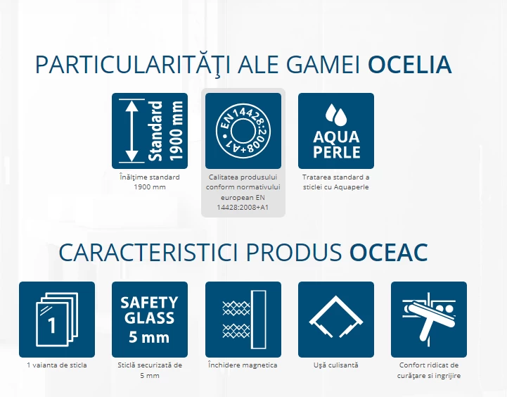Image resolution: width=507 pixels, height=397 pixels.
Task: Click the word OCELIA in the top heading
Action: coord(410,65)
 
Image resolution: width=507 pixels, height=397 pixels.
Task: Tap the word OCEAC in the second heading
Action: coord(389,253)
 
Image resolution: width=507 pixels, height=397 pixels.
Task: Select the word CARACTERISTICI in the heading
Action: coord(148,253)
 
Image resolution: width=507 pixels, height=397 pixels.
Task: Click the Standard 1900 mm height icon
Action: coord(150,131)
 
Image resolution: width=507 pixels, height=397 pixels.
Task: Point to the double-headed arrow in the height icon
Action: coord(131,131)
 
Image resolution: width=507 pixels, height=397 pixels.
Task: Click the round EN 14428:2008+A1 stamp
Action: coord(243,131)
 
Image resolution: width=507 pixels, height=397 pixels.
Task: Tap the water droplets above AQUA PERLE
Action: coord(336,115)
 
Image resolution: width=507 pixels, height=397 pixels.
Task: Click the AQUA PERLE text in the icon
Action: coord(336,144)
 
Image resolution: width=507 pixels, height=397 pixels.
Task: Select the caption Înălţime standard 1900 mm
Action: coord(150,182)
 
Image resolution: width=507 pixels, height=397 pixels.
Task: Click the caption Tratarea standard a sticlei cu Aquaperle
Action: coord(336,182)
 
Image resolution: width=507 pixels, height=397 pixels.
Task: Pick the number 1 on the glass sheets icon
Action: coord(52,325)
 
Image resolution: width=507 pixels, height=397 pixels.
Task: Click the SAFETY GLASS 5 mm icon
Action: coord(150,320)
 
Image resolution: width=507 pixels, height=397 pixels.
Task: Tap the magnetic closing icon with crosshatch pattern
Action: coord(243,320)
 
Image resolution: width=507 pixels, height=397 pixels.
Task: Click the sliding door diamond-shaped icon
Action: coord(336,320)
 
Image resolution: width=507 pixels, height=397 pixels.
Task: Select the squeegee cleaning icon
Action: coord(429,320)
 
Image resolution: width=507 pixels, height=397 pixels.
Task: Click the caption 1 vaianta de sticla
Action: coord(57,365)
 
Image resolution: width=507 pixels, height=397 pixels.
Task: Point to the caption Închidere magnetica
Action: coord(243,365)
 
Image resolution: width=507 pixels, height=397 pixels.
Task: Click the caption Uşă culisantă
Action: coord(336,365)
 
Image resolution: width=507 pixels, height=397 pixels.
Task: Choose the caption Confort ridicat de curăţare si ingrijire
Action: coord(429,370)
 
